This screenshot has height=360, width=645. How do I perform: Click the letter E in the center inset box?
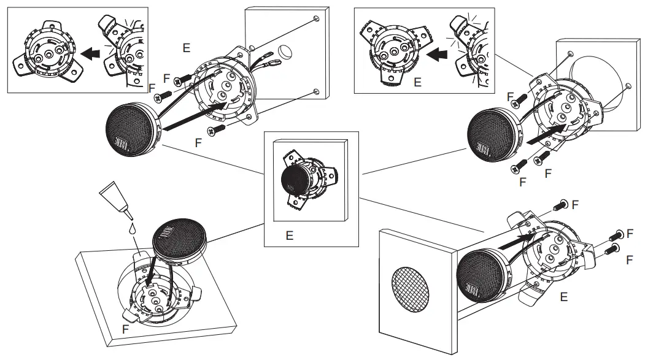click(289, 234)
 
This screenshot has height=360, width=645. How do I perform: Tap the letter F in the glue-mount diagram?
click(125, 329)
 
